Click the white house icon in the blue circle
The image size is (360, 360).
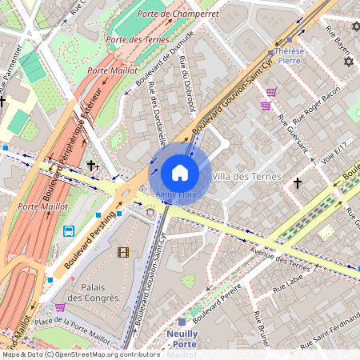point(180,173)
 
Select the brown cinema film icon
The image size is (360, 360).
point(122,253)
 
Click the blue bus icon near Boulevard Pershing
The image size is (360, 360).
point(70,231)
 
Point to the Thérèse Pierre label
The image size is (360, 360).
point(289,54)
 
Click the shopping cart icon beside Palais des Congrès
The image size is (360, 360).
point(60,307)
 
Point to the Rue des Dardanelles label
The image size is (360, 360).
point(157,115)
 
